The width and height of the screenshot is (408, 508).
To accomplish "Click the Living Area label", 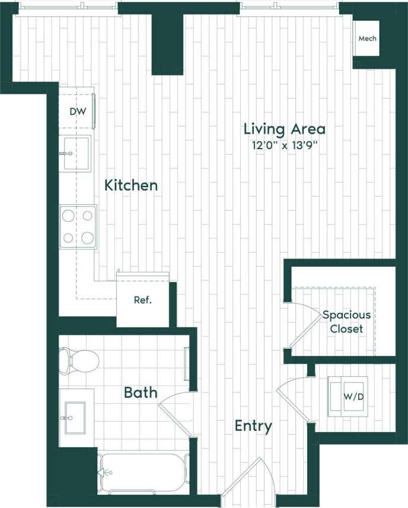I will [x=285, y=129].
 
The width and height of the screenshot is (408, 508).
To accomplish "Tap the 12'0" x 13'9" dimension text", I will [x=285, y=146].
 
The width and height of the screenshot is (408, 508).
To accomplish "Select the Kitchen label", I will [x=131, y=185].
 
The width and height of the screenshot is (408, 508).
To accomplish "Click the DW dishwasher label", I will [x=77, y=112].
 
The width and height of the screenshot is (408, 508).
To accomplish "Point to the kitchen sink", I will [x=75, y=153].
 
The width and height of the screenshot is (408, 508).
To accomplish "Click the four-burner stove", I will [x=78, y=226].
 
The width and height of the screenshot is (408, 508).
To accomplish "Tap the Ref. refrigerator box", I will [x=142, y=301].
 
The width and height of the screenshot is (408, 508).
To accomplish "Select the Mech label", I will [x=367, y=39].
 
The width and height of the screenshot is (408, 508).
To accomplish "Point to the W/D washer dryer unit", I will [x=348, y=396].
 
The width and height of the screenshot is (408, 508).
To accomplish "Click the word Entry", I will [x=253, y=426].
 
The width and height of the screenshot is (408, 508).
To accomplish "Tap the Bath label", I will [x=141, y=393].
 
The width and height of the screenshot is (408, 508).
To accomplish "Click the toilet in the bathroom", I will [x=79, y=359].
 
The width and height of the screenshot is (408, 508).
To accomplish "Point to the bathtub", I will [x=143, y=473].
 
